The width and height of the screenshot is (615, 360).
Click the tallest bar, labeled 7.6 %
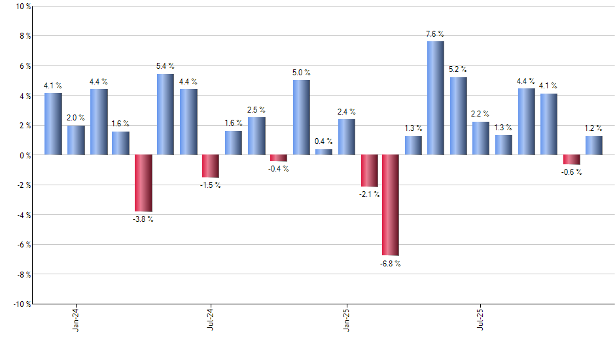[x=436, y=98]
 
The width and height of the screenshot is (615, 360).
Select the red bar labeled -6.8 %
[x=391, y=205]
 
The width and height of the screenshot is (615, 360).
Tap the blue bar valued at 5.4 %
[x=166, y=115]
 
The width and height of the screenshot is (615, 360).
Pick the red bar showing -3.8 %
[x=143, y=183]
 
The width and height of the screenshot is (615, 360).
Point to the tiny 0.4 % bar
[x=324, y=152]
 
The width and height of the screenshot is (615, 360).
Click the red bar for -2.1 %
[x=369, y=171]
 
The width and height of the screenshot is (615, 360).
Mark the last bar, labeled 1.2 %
[x=594, y=146]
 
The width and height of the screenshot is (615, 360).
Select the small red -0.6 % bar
[x=572, y=160]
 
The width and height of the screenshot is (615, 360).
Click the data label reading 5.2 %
[x=458, y=69]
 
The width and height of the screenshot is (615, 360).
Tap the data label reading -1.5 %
[x=211, y=185]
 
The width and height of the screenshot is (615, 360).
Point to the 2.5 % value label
[x=256, y=109]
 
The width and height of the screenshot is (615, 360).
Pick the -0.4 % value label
[x=279, y=169]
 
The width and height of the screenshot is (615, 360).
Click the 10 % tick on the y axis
[x=22, y=7]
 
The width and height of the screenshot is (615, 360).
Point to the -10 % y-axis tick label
[x=21, y=304]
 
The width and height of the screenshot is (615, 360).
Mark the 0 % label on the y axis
[x=24, y=156]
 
